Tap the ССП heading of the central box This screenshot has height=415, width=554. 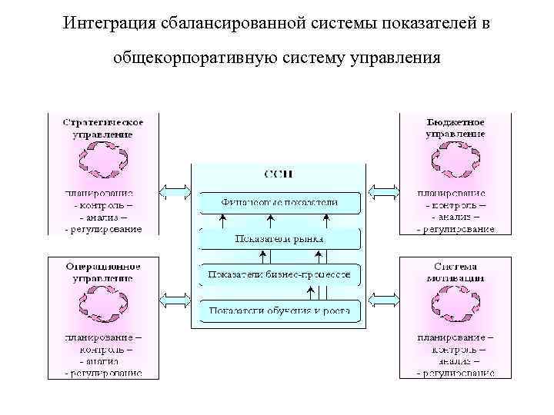(x=279, y=174)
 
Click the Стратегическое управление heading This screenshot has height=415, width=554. (x=102, y=128)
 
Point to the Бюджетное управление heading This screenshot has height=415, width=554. (x=455, y=128)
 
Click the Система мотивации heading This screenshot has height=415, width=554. (x=455, y=271)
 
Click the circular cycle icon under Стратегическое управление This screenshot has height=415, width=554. (x=102, y=161)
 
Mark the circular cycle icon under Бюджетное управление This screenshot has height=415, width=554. (x=455, y=161)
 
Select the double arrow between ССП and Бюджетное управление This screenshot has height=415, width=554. (x=382, y=191)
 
